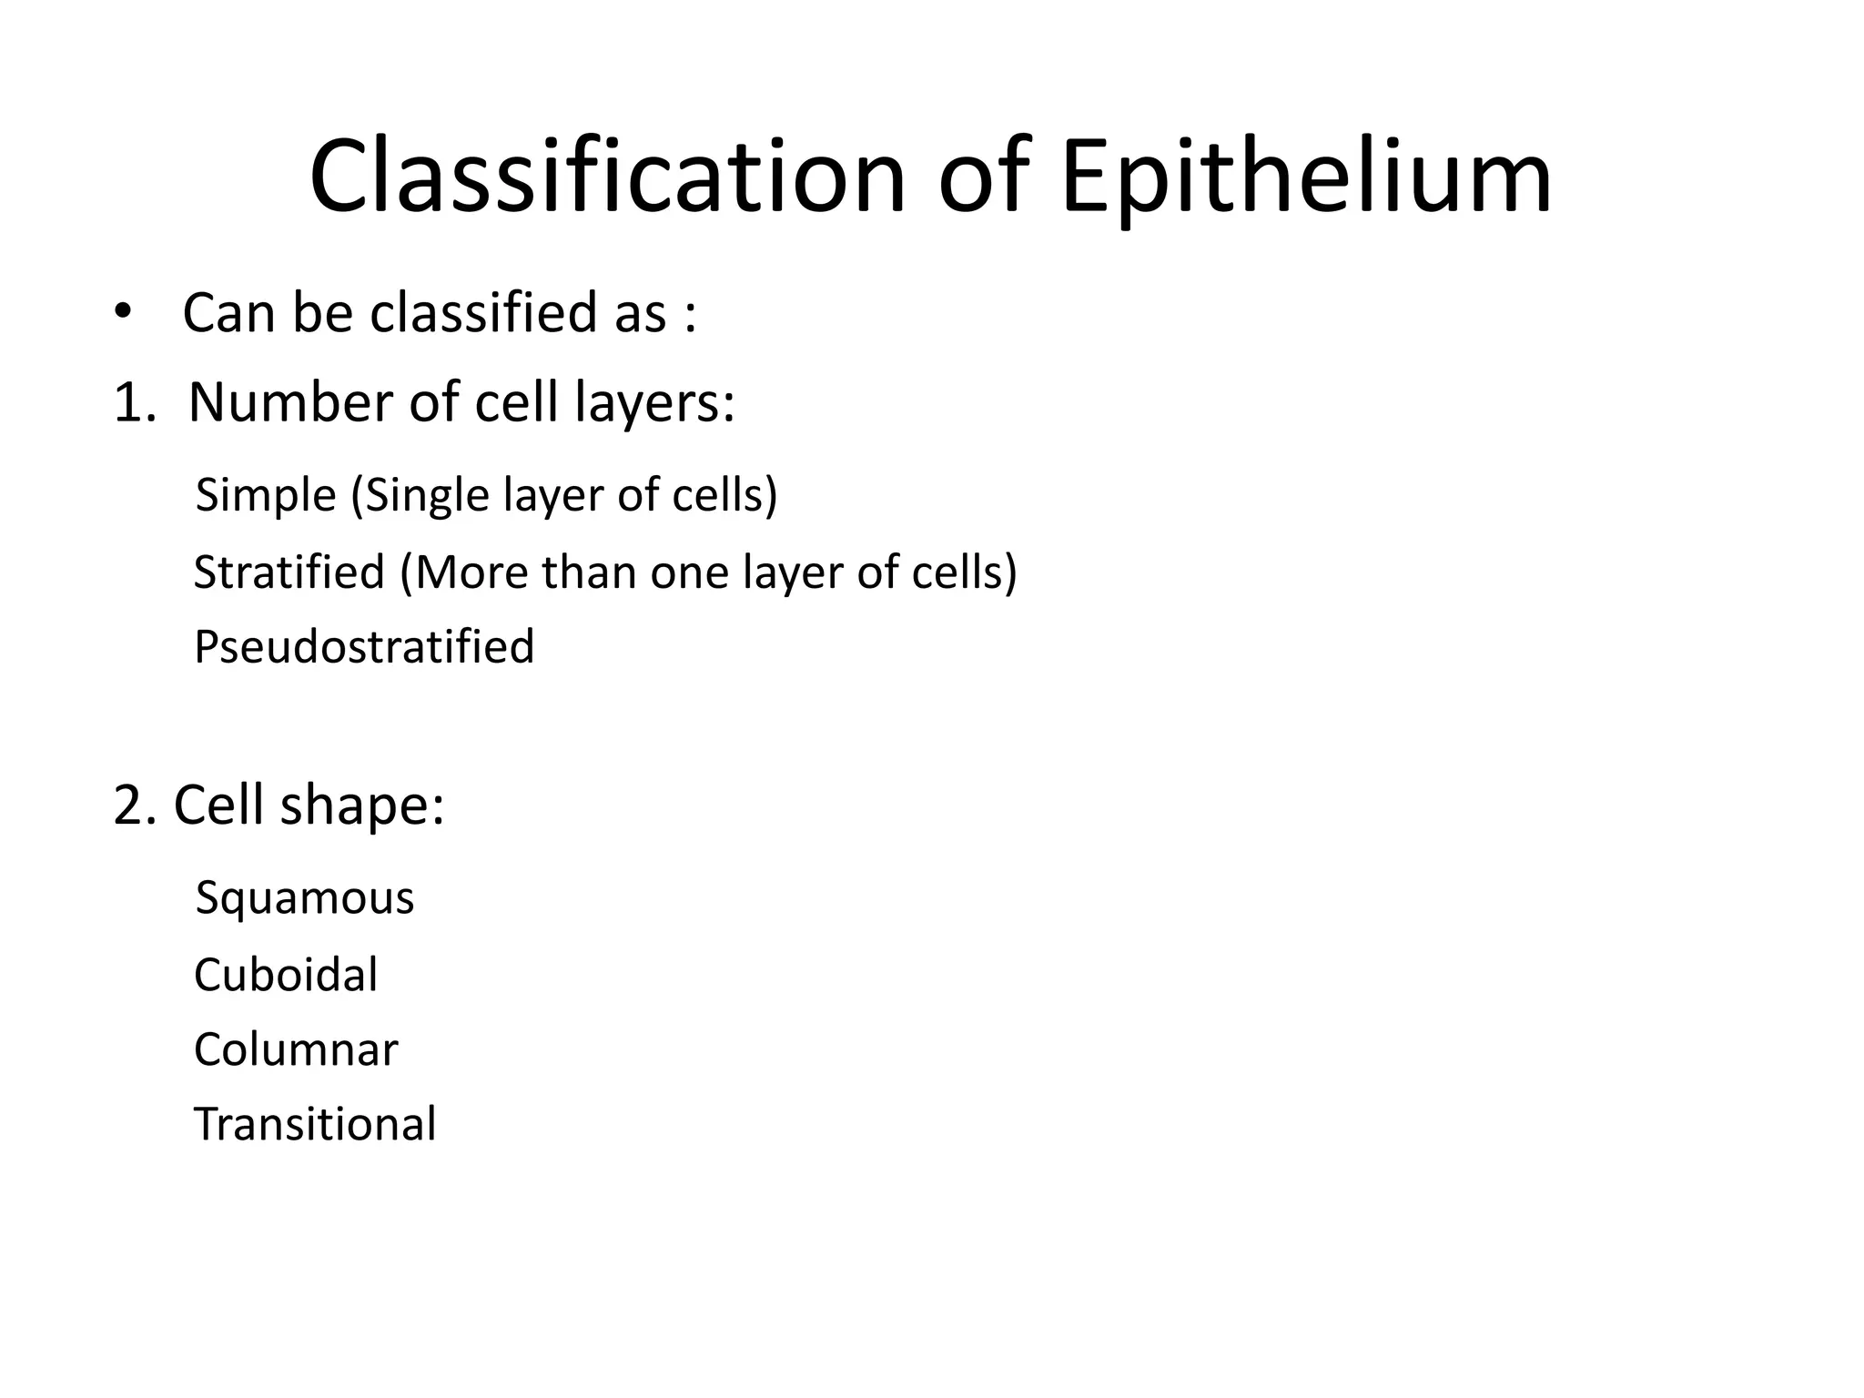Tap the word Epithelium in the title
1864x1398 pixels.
1306,177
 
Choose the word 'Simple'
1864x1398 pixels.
266,495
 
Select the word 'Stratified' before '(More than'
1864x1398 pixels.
289,572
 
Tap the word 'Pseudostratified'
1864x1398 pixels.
364,647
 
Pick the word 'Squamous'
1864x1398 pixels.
305,899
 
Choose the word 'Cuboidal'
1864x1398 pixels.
286,975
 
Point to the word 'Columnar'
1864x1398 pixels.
296,1049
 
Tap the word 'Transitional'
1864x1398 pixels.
315,1124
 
